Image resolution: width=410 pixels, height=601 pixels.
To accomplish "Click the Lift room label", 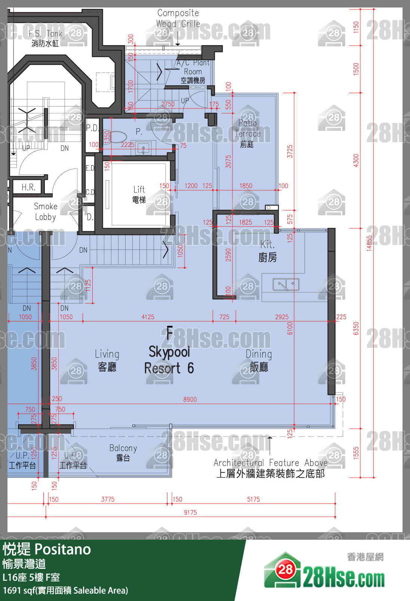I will coord(139,194).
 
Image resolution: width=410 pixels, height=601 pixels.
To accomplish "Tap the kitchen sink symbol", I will coord(286,285).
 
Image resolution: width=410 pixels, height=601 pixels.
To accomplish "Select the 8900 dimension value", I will coord(190,400).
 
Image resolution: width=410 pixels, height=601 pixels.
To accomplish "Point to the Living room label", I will coord(107,360).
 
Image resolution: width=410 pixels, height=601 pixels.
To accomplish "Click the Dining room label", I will coord(259,360).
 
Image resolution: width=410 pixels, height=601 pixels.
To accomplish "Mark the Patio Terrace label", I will coord(247,133).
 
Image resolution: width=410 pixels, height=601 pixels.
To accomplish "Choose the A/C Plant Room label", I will coord(193,71).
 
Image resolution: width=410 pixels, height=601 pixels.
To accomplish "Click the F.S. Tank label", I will coord(45,38).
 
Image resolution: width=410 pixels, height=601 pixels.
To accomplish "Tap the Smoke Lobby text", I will coord(46,212).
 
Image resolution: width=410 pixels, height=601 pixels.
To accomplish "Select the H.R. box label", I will coord(28,187).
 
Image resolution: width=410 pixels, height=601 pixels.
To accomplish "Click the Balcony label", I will coord(123,452).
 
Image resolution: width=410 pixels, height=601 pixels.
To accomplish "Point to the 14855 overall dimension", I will coord(369,243).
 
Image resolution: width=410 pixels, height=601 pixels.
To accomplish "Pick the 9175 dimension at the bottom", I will coord(190,512).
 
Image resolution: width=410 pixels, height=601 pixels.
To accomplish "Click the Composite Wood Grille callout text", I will coord(178,18).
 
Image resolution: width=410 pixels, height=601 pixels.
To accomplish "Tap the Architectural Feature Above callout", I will coord(270,468).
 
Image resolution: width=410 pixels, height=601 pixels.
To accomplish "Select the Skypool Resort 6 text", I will coord(169,360).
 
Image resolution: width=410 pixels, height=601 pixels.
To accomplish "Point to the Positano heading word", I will coord(62,549).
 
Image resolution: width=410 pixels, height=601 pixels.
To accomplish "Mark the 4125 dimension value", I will coord(148,317).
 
